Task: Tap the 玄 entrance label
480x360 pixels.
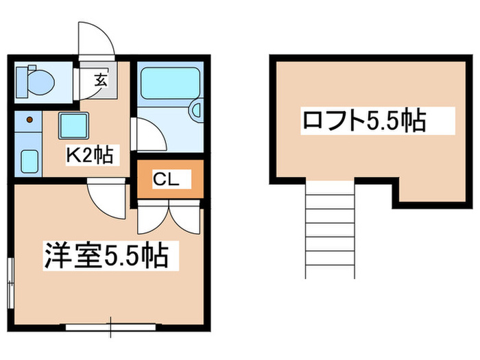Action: coord(100,79)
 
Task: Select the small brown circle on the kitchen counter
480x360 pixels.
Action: coord(29,121)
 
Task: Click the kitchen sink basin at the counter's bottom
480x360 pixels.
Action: coord(29,162)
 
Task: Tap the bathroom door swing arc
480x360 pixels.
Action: coord(147,134)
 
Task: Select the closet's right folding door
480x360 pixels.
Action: coord(187,217)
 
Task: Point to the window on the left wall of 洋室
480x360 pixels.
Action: coord(10,280)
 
